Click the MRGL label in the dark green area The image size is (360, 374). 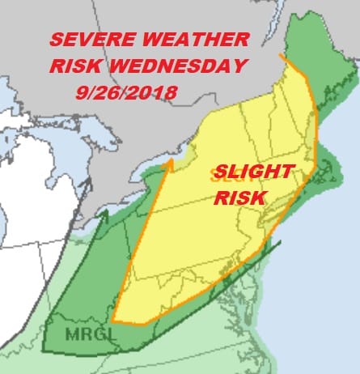(65, 332)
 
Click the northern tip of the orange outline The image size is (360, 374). (281, 56)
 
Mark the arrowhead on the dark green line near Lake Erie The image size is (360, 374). (104, 213)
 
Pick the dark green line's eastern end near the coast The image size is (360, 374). (280, 240)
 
